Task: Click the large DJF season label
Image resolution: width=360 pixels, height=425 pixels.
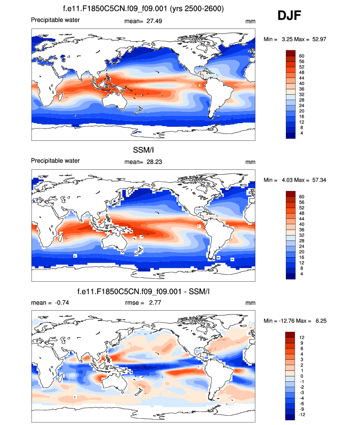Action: coord(289,16)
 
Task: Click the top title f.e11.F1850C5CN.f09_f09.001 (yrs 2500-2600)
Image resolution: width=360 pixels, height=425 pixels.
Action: coord(143,9)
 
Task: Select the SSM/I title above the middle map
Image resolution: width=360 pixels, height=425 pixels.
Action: coord(143,150)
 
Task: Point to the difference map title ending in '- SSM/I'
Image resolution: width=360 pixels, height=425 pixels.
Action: coord(143,292)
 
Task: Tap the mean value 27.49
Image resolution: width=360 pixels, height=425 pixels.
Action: coord(155,21)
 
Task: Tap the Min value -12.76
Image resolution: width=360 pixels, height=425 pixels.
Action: coord(285,320)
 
